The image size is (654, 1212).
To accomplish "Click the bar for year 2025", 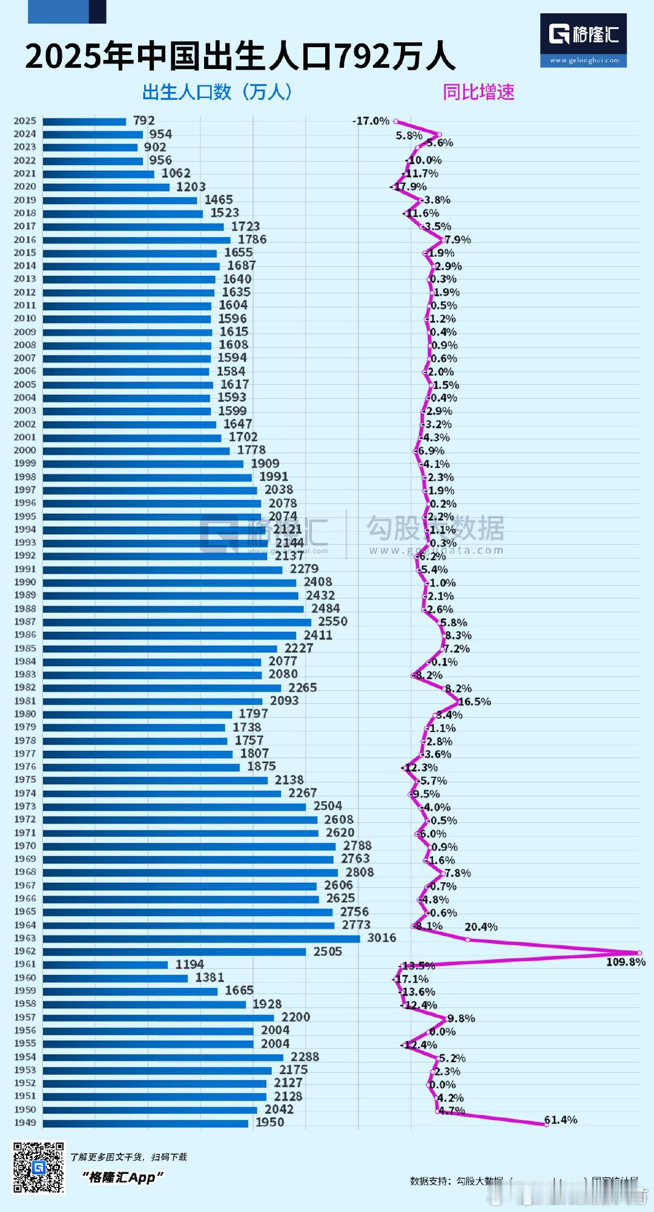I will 84,121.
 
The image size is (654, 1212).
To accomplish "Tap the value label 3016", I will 381,937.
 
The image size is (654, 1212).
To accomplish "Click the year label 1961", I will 25,964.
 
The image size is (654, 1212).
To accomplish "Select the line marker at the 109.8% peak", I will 639,952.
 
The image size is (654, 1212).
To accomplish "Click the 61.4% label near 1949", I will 561,1120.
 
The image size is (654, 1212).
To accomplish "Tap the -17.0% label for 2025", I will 371,121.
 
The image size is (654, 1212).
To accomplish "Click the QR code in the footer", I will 39,1167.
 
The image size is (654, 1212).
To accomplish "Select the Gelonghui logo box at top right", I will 583,40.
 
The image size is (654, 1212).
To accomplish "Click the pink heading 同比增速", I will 478,92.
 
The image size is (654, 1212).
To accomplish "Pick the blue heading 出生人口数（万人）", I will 218,92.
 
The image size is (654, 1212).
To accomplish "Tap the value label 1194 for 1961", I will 190,964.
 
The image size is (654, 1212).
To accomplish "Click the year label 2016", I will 25,240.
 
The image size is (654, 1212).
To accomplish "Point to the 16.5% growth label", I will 475,702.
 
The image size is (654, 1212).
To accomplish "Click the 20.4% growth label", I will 481,927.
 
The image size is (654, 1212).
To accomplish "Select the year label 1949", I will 25,1122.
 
